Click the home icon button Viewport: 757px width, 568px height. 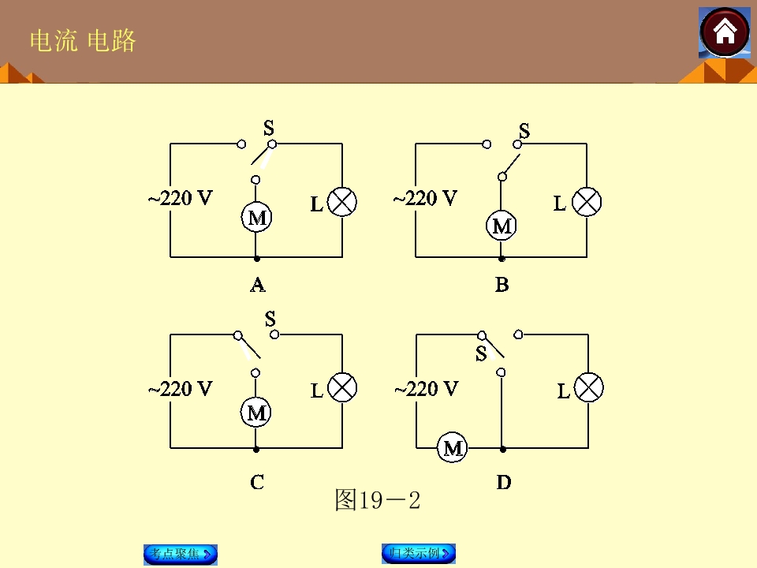pos(725,33)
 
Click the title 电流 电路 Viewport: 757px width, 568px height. pos(83,40)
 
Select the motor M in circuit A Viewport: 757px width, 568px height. pos(256,218)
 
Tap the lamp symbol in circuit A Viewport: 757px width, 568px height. pos(342,202)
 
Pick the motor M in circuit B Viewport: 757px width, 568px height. pos(502,226)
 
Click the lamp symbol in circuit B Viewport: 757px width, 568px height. pos(587,202)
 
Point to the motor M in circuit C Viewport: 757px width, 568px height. pos(255,413)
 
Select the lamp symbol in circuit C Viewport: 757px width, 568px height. pos(342,387)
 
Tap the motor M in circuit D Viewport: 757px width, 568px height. pos(453,448)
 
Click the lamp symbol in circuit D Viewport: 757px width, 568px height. pos(588,387)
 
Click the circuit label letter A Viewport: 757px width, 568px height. pos(258,285)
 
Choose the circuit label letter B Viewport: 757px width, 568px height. pos(502,285)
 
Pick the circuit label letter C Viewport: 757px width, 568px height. pos(257,482)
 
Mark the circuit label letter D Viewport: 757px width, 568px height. pos(504,482)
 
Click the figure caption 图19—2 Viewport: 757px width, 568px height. pos(378,500)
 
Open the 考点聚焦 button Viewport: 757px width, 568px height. pos(181,554)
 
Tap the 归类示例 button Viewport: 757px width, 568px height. pos(419,554)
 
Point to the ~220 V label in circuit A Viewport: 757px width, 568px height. pos(180,198)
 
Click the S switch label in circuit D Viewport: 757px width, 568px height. pos(481,354)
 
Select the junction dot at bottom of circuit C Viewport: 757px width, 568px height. pos(256,449)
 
